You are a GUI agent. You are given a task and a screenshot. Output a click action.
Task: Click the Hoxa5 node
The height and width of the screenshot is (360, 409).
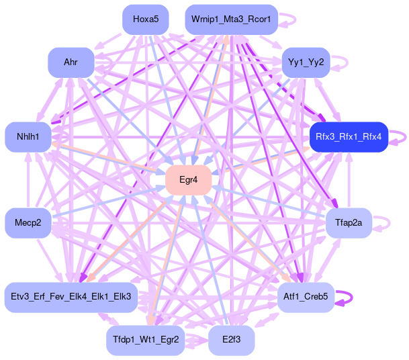click(x=146, y=19)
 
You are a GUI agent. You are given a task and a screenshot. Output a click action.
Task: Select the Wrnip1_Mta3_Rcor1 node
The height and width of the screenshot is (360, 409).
click(x=231, y=19)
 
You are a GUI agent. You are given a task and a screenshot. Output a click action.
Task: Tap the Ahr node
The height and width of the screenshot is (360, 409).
click(x=71, y=62)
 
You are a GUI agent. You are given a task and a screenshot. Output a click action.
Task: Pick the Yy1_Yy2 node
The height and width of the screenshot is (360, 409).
click(x=306, y=62)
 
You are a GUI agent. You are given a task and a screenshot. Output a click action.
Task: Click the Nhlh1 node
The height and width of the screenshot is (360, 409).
click(x=28, y=137)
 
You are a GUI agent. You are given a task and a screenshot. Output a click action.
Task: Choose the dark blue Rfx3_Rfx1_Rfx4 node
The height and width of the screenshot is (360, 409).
click(x=348, y=137)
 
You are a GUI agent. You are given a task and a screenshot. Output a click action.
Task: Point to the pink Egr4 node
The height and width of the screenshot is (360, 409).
click(x=189, y=180)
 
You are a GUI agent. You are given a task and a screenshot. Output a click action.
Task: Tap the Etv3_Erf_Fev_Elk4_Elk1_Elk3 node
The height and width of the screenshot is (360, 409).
click(x=71, y=296)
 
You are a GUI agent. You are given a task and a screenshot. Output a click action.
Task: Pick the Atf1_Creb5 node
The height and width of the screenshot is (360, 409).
click(x=306, y=296)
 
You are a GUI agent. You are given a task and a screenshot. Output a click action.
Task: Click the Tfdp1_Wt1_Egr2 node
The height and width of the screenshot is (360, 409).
click(x=146, y=339)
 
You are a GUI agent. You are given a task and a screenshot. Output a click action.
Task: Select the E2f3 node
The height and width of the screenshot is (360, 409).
click(x=231, y=339)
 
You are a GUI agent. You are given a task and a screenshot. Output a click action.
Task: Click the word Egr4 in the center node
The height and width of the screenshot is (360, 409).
click(x=189, y=180)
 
